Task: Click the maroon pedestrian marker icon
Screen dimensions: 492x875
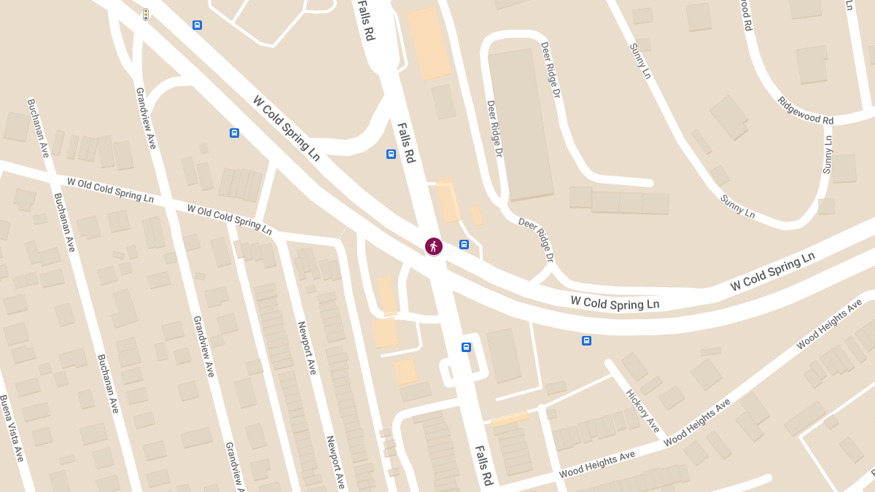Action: (x=434, y=246)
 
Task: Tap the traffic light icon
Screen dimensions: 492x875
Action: (x=146, y=15)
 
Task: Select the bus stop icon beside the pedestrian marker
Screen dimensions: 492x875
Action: (x=464, y=244)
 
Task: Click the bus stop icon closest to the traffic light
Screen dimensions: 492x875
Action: (x=197, y=25)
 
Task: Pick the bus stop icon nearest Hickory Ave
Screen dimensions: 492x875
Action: (x=586, y=340)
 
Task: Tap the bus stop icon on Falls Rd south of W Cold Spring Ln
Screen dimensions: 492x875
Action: (x=466, y=347)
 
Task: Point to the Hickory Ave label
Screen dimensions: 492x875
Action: (x=642, y=410)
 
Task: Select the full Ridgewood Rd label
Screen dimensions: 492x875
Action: (x=805, y=110)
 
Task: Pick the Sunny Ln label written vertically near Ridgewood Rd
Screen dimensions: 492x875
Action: (x=828, y=154)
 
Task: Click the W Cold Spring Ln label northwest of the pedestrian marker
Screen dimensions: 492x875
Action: (x=287, y=128)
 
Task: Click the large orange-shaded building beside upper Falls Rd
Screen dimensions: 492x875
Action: (x=429, y=42)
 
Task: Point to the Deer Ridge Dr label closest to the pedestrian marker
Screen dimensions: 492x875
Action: (x=536, y=240)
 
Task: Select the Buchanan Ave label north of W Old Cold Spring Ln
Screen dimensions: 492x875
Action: (x=38, y=128)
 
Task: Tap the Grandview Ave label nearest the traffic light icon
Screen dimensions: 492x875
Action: (x=146, y=118)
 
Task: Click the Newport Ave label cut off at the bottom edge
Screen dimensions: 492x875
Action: (x=335, y=461)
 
